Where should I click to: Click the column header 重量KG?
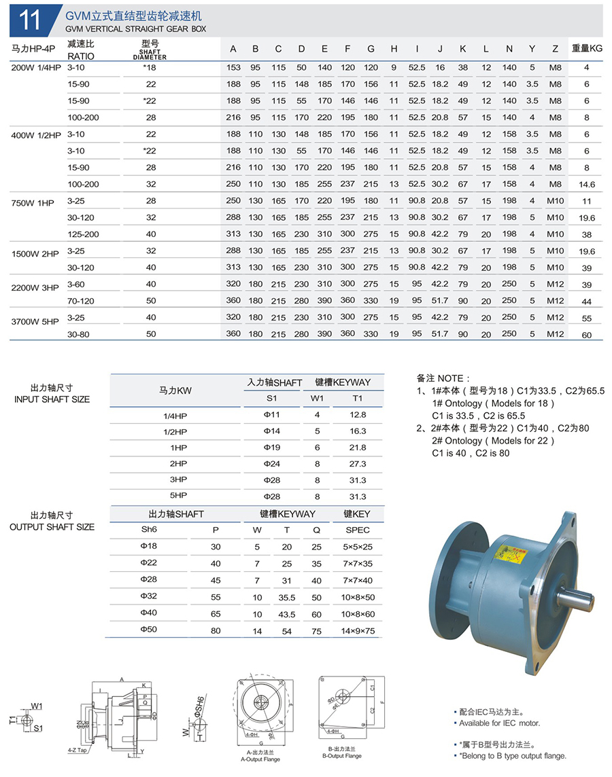[x=586, y=49]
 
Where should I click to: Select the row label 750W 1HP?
[x=33, y=201]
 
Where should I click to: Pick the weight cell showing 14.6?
[x=586, y=184]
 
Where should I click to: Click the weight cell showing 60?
[x=586, y=334]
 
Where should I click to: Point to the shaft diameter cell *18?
[x=150, y=67]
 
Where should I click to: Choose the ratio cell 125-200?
[x=83, y=234]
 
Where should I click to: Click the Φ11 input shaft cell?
[x=271, y=414]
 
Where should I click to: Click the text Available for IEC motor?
[x=500, y=723]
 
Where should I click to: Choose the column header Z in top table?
[x=556, y=49]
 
